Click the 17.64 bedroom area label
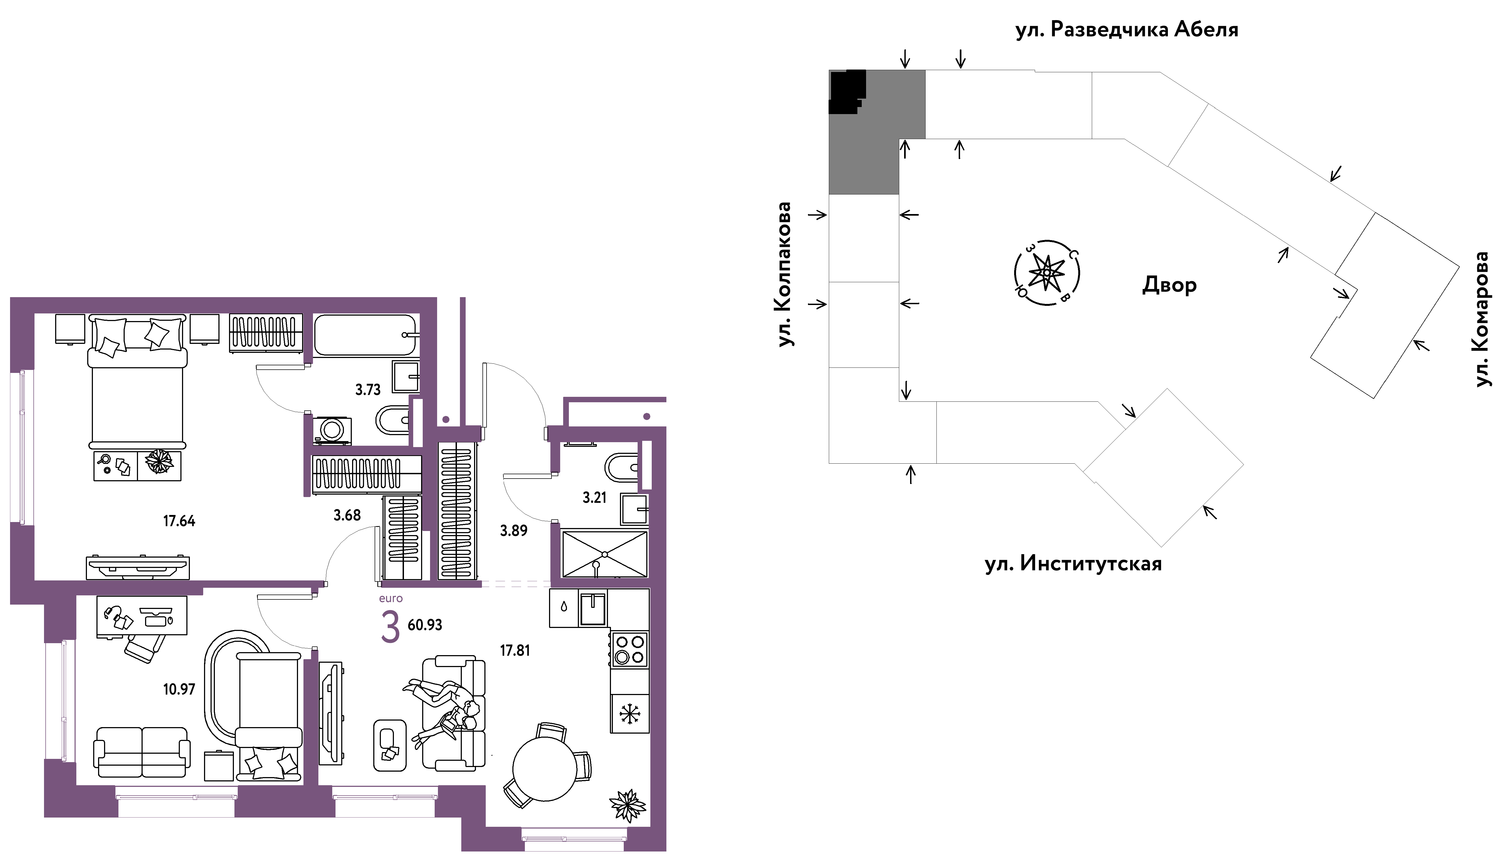click(x=178, y=521)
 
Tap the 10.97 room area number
click(x=178, y=689)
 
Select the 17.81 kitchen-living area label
click(x=515, y=651)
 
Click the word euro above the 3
click(x=390, y=598)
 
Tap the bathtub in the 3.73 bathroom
click(x=365, y=335)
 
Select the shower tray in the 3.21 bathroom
click(x=604, y=554)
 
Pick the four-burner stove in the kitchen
click(x=629, y=649)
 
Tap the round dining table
click(x=544, y=769)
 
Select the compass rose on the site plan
click(x=1047, y=273)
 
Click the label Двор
click(x=1169, y=285)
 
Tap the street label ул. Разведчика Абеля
click(x=1127, y=30)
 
